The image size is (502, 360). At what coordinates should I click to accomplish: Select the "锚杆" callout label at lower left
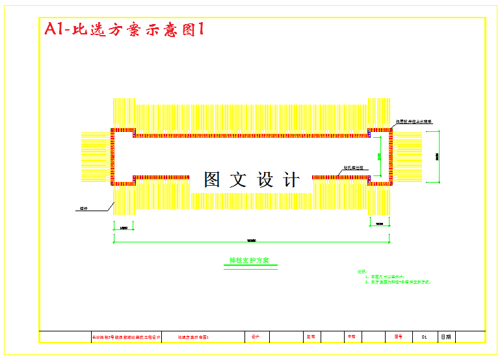[x=84, y=209]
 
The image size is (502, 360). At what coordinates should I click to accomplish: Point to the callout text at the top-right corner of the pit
[x=414, y=122]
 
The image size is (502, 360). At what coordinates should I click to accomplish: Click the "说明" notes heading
[x=362, y=272]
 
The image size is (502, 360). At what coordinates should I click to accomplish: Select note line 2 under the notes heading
[x=397, y=283]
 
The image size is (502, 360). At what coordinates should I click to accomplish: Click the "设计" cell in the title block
[x=256, y=337]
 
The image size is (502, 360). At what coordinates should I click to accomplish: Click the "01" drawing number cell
[x=424, y=337]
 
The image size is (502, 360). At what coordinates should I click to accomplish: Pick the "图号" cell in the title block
[x=398, y=337]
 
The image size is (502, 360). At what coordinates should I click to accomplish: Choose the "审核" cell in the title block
[x=351, y=337]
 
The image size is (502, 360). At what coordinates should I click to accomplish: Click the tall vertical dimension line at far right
[x=438, y=157]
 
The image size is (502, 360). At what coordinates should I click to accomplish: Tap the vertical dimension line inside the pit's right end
[x=380, y=157]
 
